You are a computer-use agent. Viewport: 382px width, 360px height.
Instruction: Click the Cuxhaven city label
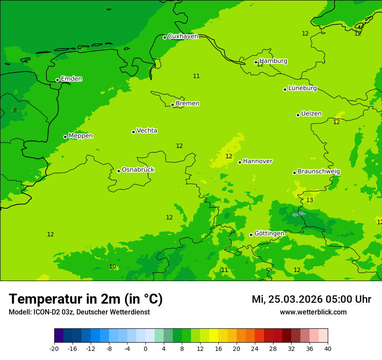pyautogui.click(x=183, y=36)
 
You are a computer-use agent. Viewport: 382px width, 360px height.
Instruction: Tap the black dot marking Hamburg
pyautogui.click(x=256, y=62)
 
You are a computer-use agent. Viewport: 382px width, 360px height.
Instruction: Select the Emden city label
pyautogui.click(x=71, y=79)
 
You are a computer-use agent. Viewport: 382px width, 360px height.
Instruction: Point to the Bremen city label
pyautogui.click(x=188, y=104)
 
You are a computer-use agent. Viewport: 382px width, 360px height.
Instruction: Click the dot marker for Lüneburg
pyautogui.click(x=285, y=89)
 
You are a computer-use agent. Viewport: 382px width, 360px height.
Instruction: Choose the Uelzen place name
pyautogui.click(x=311, y=114)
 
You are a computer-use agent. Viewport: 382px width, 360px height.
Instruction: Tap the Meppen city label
pyautogui.click(x=81, y=136)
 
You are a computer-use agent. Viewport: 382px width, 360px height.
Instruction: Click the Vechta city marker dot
pyautogui.click(x=133, y=132)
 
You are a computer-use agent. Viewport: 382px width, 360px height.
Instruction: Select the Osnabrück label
pyautogui.click(x=138, y=170)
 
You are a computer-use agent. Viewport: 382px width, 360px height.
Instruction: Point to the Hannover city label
pyautogui.click(x=257, y=161)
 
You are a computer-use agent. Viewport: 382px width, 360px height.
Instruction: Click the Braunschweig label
pyautogui.click(x=319, y=172)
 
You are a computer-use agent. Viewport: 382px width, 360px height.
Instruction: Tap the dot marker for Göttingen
pyautogui.click(x=251, y=235)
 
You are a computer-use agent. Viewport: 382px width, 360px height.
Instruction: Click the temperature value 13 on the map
pyautogui.click(x=310, y=200)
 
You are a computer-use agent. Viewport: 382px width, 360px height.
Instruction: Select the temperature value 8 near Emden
pyautogui.click(x=15, y=111)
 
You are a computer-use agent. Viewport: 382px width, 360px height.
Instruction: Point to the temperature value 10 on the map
pyautogui.click(x=112, y=267)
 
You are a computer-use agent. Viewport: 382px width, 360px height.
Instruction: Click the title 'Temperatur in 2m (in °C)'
pyautogui.click(x=86, y=299)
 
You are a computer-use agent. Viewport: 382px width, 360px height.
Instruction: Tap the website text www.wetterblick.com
pyautogui.click(x=313, y=312)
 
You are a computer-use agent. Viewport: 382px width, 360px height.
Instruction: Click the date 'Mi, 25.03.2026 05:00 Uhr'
pyautogui.click(x=311, y=300)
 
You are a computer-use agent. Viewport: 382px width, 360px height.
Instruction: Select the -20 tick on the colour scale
pyautogui.click(x=54, y=349)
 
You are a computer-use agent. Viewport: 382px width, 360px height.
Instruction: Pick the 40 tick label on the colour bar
pyautogui.click(x=328, y=349)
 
